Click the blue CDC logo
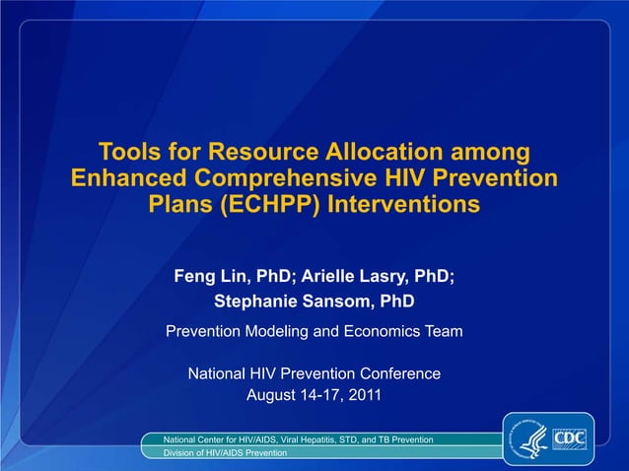(569, 437)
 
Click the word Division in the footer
(180, 452)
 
